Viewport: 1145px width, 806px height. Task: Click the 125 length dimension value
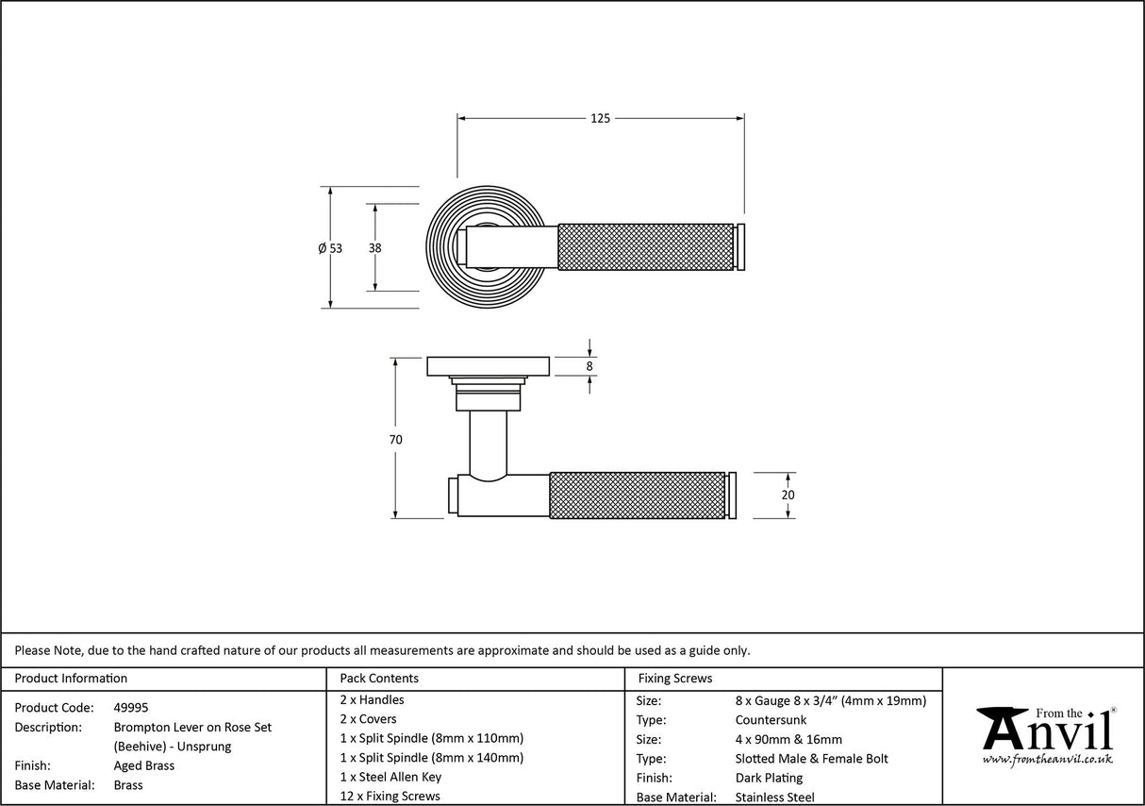pos(600,118)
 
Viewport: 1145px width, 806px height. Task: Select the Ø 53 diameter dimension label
pos(330,248)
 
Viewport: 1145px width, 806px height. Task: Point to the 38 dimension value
pos(375,248)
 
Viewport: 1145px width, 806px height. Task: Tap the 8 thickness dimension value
pos(589,366)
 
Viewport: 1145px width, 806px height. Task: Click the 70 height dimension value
pos(395,440)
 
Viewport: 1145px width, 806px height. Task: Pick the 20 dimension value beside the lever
pos(788,495)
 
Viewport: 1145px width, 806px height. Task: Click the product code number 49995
pos(130,707)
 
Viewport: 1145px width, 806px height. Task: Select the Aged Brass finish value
pos(143,765)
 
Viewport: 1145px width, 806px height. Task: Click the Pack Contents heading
pos(379,678)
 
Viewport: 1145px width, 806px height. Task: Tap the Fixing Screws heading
pos(675,678)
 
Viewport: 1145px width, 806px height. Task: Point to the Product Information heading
pos(71,678)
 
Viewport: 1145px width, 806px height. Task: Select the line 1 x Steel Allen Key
pos(390,777)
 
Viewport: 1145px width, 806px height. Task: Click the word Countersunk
pos(771,720)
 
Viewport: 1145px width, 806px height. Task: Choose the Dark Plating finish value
pos(769,778)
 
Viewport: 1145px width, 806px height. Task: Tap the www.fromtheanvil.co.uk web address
pos(1047,759)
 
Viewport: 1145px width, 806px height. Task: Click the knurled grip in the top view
pos(646,246)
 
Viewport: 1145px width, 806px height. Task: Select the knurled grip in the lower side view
pos(637,495)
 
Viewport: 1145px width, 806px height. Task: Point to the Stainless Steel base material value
pos(774,798)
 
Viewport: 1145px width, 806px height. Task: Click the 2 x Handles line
pos(372,699)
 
